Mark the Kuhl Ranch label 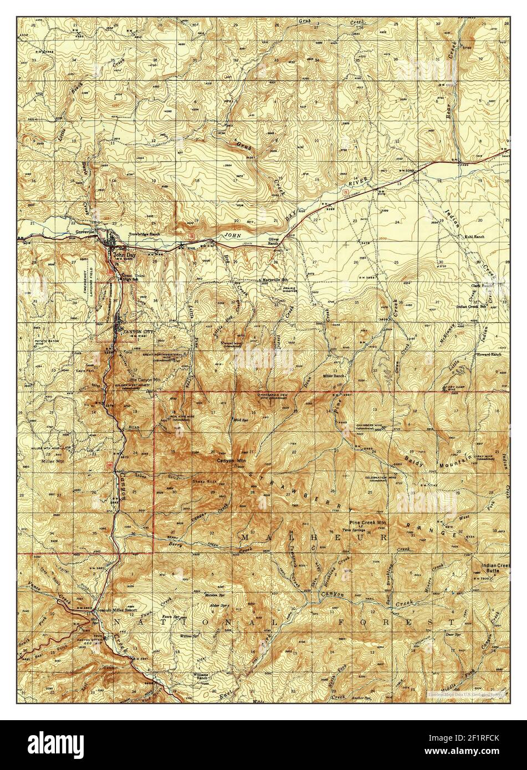(x=474, y=237)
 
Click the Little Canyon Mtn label (x=144, y=379)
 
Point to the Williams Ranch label (x=200, y=676)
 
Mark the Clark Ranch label (x=483, y=286)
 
